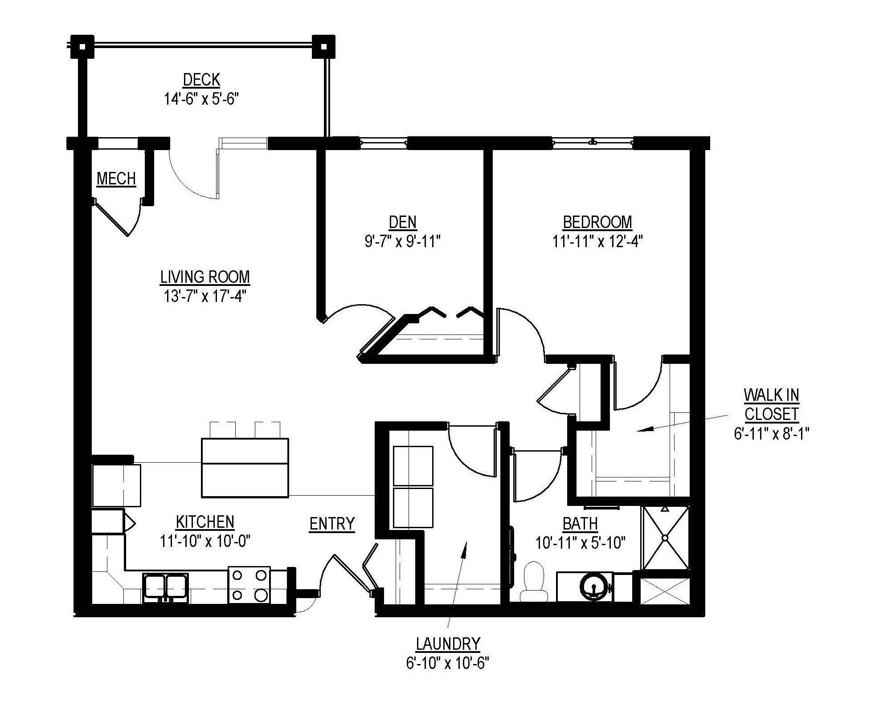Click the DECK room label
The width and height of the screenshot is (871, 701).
coord(201,80)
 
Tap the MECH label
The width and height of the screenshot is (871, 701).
coord(116,179)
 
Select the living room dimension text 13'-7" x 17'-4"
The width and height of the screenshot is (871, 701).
coord(205,296)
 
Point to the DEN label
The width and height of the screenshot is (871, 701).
coord(403,222)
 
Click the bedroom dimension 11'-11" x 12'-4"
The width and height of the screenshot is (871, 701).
coord(597,241)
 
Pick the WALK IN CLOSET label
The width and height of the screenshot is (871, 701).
coord(771,404)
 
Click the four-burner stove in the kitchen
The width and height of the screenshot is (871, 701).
coord(249,585)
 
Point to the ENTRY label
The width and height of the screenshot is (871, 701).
coord(332,524)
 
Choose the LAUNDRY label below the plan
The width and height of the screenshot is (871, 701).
coord(448,644)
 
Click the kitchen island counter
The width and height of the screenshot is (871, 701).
coord(245,467)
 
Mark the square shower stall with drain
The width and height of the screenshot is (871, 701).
coord(665,538)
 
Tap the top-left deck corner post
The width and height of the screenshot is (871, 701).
coord(82,46)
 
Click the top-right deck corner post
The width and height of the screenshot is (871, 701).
coord(323,46)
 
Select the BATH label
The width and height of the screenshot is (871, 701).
coord(580,524)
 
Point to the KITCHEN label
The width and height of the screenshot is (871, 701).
coord(205,522)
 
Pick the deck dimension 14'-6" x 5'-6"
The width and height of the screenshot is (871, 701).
coord(201,99)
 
